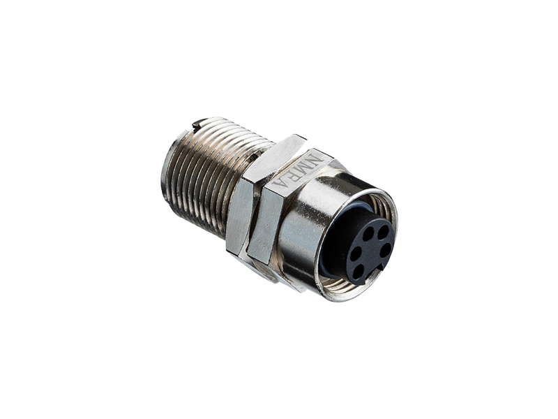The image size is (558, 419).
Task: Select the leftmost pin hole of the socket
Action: [x=354, y=254]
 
